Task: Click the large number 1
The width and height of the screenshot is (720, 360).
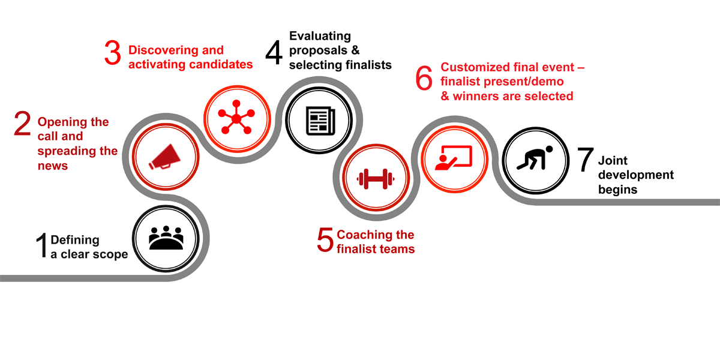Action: pyautogui.click(x=42, y=245)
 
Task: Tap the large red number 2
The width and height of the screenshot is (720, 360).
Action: pyautogui.click(x=22, y=124)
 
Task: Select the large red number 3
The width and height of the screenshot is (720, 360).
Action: pyautogui.click(x=113, y=52)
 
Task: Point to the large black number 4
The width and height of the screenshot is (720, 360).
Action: pyautogui.click(x=274, y=52)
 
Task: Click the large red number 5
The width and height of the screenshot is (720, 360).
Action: pyautogui.click(x=325, y=239)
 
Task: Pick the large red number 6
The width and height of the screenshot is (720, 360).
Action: pyautogui.click(x=424, y=78)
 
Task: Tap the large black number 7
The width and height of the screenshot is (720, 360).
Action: pyautogui.click(x=586, y=159)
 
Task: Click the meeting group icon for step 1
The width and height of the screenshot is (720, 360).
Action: pyautogui.click(x=166, y=238)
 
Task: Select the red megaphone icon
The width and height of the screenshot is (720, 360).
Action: pyautogui.click(x=164, y=157)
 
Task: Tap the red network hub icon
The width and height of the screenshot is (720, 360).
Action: pyautogui.click(x=236, y=117)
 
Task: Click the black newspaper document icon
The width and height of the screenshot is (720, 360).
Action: pyautogui.click(x=320, y=121)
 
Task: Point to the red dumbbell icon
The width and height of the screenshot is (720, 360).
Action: pyautogui.click(x=376, y=179)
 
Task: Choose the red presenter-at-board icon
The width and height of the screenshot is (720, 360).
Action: pyautogui.click(x=454, y=158)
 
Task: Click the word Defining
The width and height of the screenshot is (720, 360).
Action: pyautogui.click(x=75, y=241)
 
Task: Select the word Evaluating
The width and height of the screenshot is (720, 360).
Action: pyautogui.click(x=320, y=37)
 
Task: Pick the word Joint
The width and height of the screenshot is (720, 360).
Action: pyautogui.click(x=613, y=160)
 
